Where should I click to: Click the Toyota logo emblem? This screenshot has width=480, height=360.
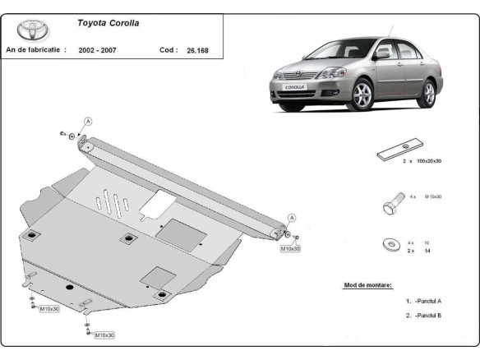34,30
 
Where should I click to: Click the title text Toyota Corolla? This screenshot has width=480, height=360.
108,23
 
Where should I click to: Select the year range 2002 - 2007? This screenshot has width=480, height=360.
97,50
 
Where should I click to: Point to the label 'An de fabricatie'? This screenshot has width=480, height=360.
35,50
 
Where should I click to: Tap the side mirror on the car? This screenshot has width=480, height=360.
382,55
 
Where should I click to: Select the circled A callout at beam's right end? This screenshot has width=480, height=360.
291,217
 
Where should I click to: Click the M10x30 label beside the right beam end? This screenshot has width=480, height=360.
290,247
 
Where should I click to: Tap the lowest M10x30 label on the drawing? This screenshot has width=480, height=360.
104,335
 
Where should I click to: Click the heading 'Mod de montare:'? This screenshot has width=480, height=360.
367,285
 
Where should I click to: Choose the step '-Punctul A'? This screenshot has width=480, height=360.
427,301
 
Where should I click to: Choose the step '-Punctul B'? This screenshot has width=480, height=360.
427,316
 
